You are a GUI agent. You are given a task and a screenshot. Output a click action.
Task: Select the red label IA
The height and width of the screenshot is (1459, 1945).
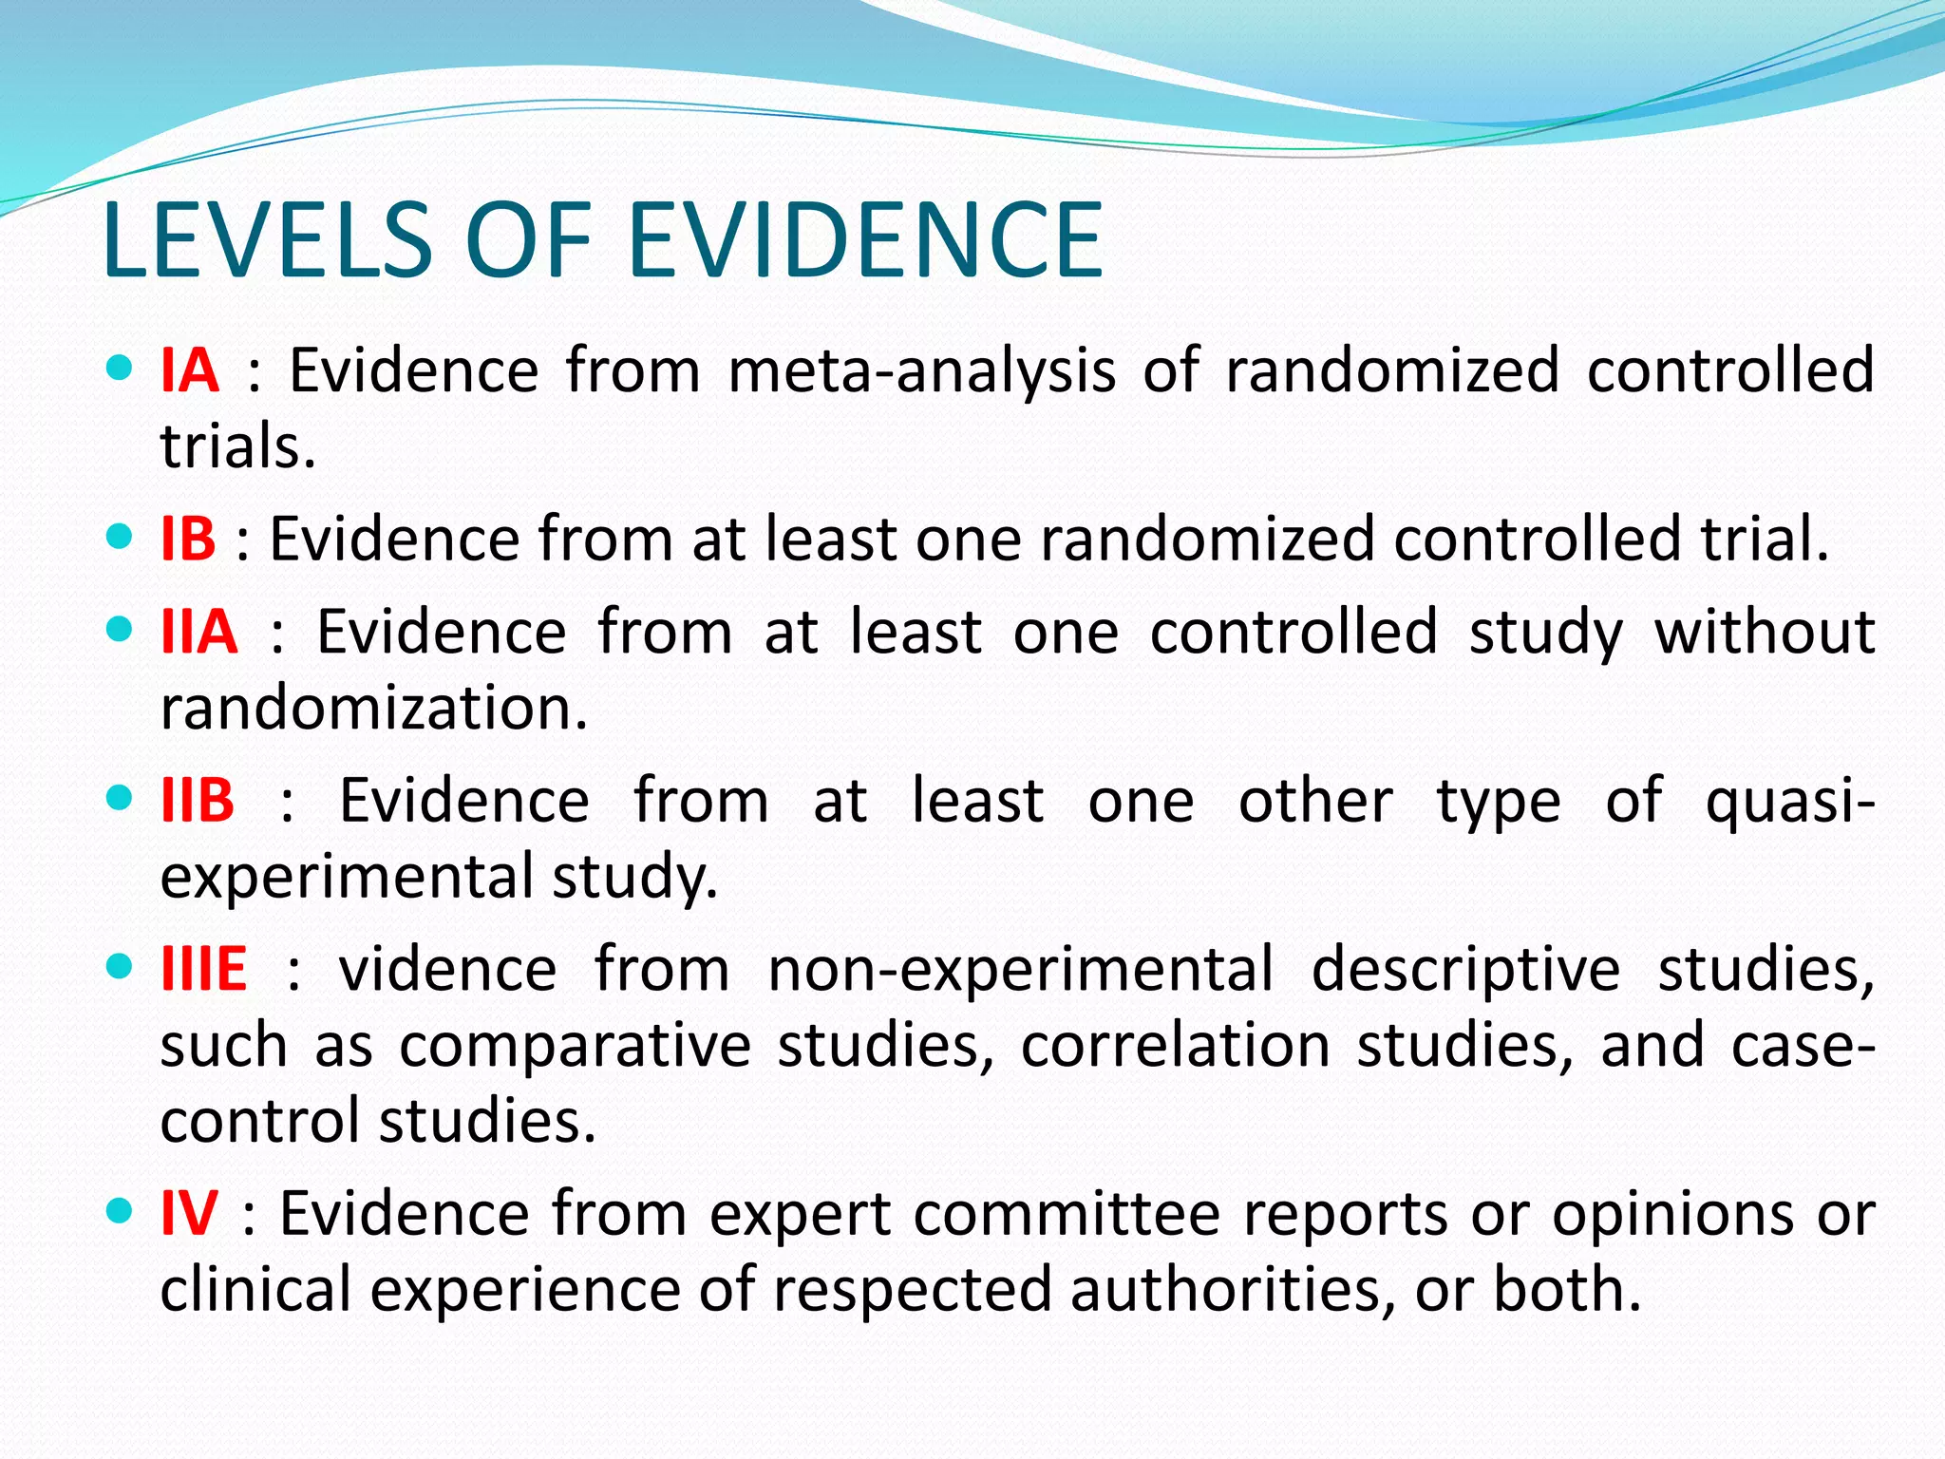[189, 369]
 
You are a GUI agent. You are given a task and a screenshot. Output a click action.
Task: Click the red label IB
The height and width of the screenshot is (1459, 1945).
[188, 539]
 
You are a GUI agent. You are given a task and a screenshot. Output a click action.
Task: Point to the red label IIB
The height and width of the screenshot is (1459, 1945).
[198, 801]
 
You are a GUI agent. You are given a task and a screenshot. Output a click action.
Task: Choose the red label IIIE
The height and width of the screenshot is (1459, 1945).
[203, 969]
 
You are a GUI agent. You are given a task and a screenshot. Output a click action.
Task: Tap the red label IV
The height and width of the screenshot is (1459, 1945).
[189, 1213]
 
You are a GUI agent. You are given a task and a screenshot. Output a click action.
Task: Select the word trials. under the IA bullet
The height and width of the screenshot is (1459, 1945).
[237, 445]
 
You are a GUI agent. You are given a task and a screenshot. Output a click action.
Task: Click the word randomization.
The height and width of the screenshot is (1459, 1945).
[374, 709]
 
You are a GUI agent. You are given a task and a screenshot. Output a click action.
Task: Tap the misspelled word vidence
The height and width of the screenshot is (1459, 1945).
[447, 969]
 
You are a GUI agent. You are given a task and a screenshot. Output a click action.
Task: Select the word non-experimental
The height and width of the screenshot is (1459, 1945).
[1020, 971]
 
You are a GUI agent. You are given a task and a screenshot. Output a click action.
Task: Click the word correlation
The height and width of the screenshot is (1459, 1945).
[1176, 1046]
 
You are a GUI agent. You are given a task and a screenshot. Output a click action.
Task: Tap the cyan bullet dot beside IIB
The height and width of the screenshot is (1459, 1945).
[120, 798]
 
